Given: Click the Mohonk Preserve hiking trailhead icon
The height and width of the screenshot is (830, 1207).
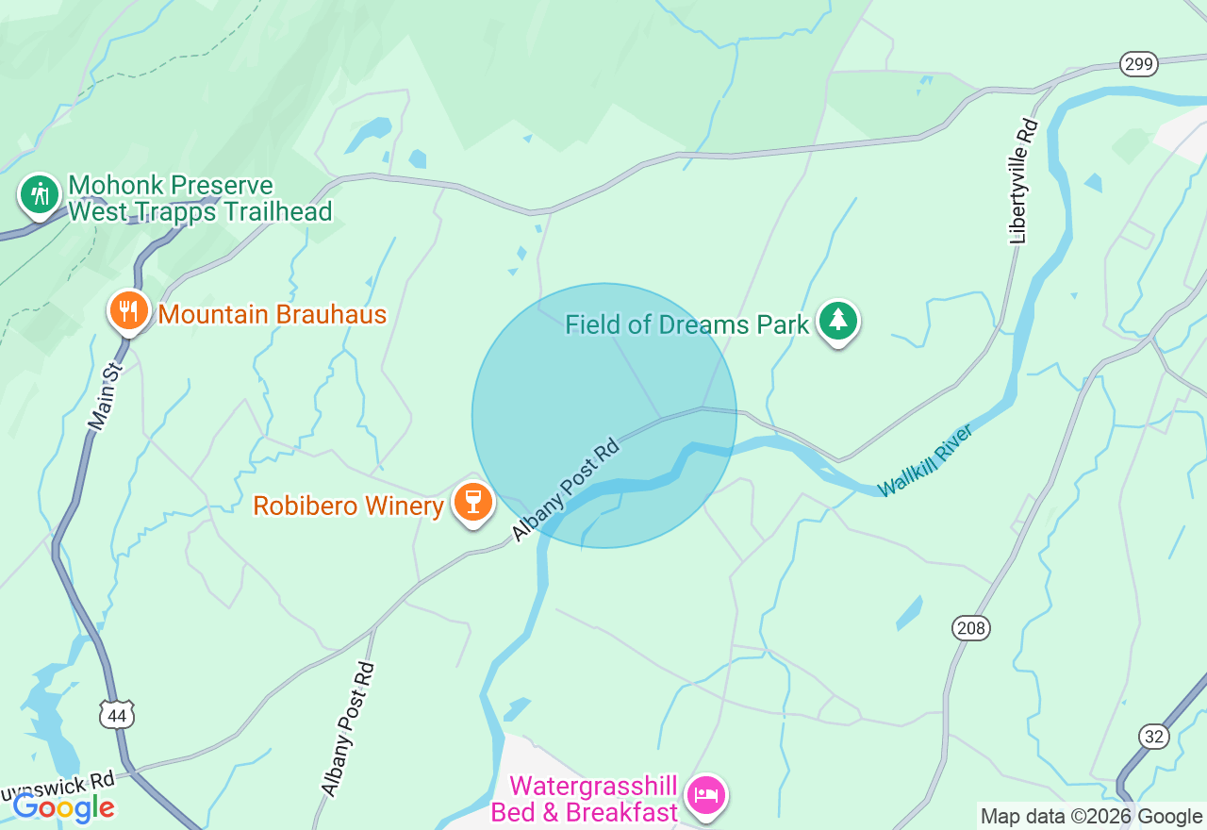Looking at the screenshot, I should pos(39,194).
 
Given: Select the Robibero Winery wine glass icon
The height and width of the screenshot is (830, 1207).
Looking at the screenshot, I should pos(473,501).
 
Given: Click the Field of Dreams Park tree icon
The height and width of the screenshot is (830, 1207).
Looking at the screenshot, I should pos(837,321).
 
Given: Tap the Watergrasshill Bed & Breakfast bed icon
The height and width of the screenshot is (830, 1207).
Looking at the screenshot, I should pos(706,795).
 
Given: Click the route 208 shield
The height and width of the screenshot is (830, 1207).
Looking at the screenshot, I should pos(970,628).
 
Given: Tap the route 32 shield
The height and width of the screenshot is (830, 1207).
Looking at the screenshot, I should pos(1154,737).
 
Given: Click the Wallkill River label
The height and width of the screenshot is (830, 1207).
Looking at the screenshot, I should pos(924,460).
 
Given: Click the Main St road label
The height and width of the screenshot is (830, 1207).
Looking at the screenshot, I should pos(107,397).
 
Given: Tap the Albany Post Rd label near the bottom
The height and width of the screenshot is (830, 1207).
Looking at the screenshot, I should pos(348,728).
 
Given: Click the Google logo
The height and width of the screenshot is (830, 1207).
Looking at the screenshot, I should pos(63,807).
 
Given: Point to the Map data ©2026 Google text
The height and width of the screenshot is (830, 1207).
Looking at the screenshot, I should pos(1091,817).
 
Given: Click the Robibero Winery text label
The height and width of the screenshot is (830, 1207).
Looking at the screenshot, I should pos(348,506).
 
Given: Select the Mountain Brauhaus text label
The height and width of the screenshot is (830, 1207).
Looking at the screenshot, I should pos(272,314).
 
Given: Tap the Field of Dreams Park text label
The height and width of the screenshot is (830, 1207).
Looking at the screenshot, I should pos(686,325).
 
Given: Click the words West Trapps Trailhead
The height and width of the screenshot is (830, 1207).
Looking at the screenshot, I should pos(200,211).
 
